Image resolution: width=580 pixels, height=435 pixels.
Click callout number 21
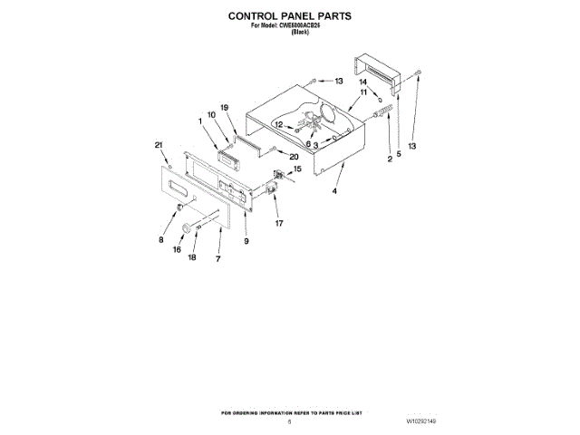[x=159, y=146]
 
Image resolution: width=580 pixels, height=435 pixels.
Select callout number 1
[x=201, y=121]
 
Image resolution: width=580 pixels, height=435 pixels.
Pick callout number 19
[x=226, y=108]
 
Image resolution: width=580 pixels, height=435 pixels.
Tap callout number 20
[x=295, y=157]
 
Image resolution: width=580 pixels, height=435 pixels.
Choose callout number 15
[x=296, y=169]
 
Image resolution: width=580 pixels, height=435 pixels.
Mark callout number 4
[x=333, y=192]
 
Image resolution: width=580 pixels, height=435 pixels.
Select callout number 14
[x=363, y=82]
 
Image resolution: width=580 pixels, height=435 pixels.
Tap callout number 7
[x=218, y=259]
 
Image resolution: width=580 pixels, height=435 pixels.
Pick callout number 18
[x=191, y=257]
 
